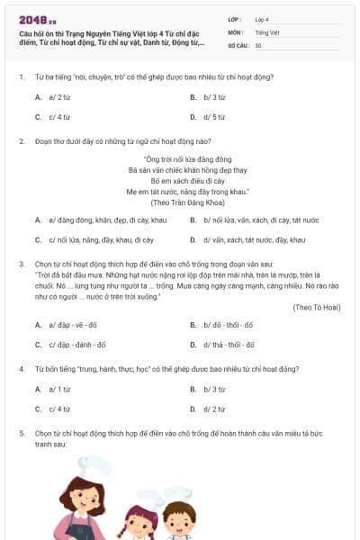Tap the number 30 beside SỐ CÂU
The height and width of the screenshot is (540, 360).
[258, 45]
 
